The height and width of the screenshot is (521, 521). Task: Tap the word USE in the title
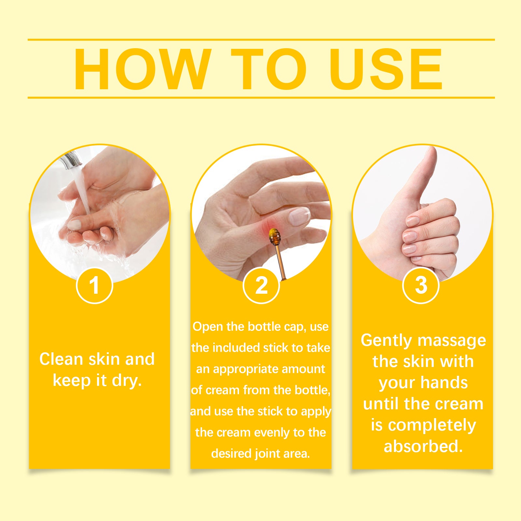click(386, 69)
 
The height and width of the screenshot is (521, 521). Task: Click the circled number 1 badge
click(94, 285)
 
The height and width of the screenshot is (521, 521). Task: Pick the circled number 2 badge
click(261, 285)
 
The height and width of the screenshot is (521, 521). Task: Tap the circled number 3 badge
click(421, 285)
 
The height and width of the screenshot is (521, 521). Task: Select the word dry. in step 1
click(127, 381)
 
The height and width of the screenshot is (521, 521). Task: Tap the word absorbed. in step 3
click(423, 446)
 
